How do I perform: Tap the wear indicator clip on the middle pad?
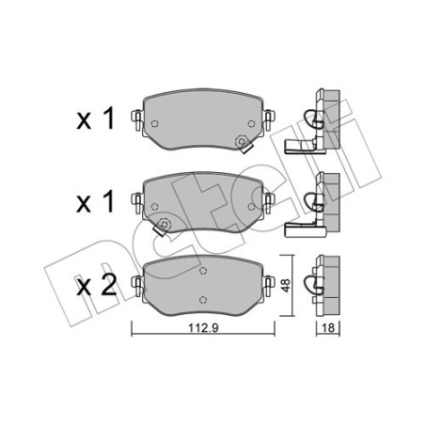[164, 224]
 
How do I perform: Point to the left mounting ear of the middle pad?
[138, 199]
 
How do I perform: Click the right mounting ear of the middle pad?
[269, 199]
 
